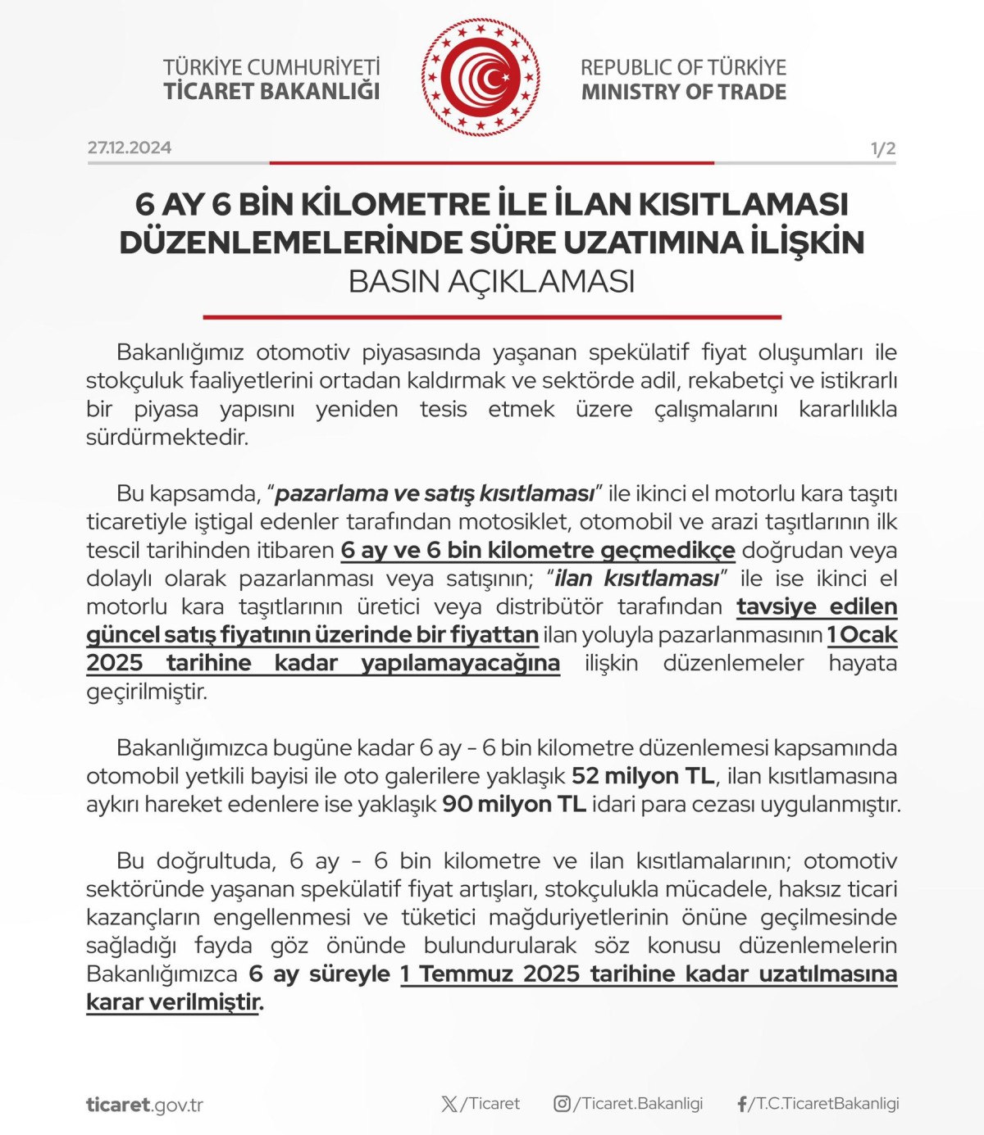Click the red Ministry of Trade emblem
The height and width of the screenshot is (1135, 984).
click(481, 78)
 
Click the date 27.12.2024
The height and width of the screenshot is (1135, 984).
click(130, 148)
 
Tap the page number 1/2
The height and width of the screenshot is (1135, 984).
click(882, 149)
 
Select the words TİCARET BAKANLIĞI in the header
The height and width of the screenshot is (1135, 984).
click(271, 91)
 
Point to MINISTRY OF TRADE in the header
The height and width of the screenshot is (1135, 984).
click(683, 92)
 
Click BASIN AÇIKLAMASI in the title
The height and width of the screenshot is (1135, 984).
click(491, 281)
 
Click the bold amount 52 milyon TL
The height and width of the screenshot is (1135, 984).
click(643, 775)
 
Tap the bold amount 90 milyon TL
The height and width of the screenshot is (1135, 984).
click(514, 804)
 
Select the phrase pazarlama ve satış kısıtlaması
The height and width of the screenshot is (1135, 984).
click(435, 493)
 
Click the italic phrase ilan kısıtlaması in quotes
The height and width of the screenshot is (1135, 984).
click(636, 579)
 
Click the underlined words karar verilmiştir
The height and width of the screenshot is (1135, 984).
click(173, 1001)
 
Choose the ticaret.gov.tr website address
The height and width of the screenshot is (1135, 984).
click(144, 1105)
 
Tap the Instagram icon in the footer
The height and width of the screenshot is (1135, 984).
click(562, 1104)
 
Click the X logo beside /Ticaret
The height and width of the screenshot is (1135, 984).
click(449, 1104)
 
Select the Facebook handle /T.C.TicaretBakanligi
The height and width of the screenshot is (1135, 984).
click(827, 1104)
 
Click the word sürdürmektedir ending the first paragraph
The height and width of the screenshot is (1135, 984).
click(167, 437)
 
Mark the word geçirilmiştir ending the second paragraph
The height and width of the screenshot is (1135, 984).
click(147, 691)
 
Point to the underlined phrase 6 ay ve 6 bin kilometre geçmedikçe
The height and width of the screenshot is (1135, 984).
click(538, 550)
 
